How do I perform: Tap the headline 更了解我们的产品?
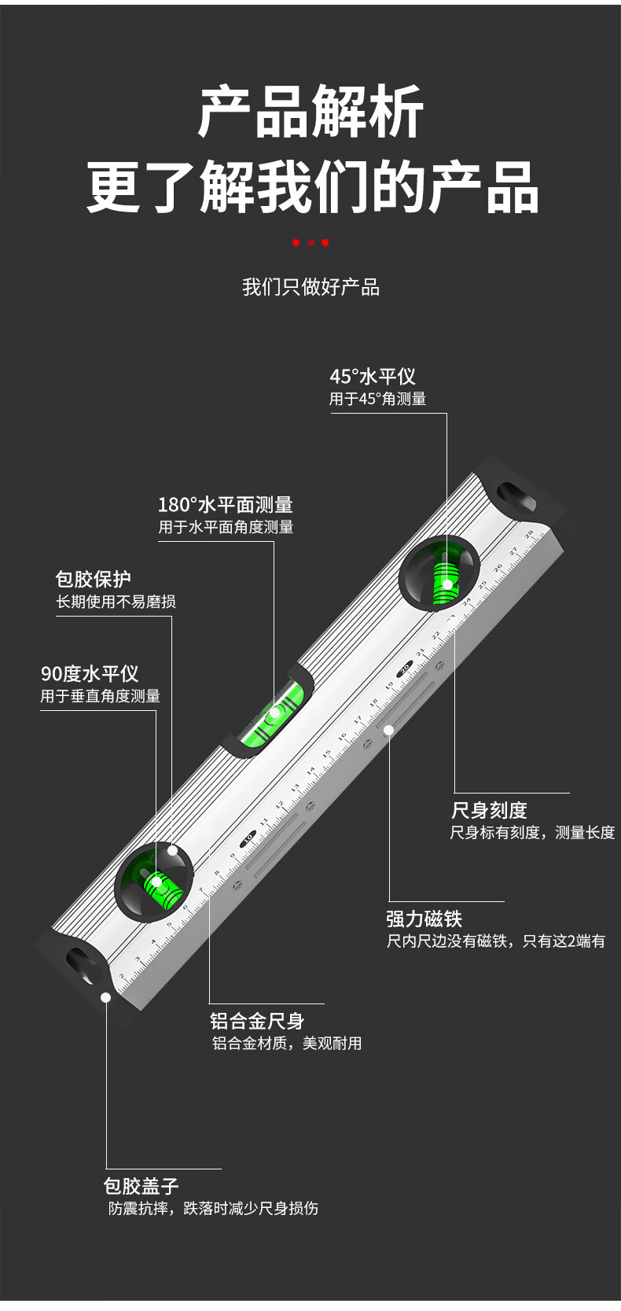(x=312, y=188)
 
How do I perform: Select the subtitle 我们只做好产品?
(x=310, y=287)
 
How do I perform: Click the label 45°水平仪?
(x=372, y=377)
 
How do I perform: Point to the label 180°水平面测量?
(x=225, y=505)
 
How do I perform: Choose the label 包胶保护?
(x=93, y=580)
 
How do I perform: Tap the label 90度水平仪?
(x=90, y=674)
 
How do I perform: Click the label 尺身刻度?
(x=489, y=810)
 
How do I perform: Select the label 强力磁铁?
(x=424, y=919)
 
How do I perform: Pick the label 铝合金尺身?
(x=257, y=1021)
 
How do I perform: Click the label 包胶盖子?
(x=141, y=1186)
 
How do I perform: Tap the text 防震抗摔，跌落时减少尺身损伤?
(x=213, y=1208)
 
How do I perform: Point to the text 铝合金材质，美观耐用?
(x=287, y=1044)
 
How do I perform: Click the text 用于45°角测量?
(x=377, y=399)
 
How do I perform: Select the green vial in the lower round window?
(x=161, y=887)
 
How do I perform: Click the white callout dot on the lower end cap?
(x=105, y=997)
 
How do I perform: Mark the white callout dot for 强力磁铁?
(x=388, y=731)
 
